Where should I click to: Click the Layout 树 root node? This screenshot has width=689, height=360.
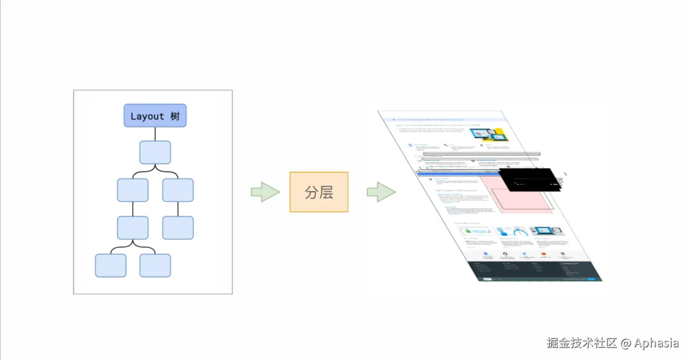155,115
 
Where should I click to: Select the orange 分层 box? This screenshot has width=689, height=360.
319,192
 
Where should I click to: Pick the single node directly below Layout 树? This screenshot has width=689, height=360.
155,152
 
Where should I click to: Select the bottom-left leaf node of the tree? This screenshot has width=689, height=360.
111,265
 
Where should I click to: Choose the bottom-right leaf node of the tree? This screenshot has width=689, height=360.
155,265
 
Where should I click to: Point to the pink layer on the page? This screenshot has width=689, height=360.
518,198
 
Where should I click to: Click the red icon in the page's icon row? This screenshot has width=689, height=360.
543,254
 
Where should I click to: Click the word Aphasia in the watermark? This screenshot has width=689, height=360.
657,343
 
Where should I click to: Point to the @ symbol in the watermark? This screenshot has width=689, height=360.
625,343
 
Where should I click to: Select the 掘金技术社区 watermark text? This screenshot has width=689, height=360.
582,343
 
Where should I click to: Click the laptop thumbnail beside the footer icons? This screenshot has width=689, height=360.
547,231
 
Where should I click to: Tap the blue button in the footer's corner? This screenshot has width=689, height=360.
592,279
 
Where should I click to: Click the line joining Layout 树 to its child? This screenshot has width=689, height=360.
155,133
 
